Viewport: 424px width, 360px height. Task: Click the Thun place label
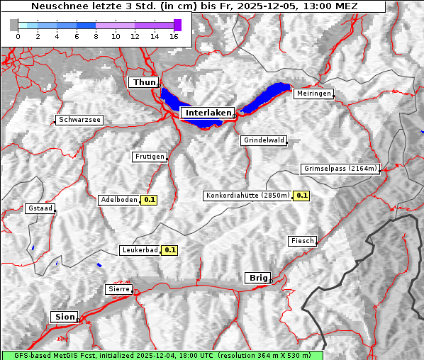(144, 83)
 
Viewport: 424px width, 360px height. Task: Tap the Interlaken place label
(208, 113)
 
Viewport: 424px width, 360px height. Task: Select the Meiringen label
(313, 94)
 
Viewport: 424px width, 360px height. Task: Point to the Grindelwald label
(264, 140)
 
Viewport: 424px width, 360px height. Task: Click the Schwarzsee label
(80, 120)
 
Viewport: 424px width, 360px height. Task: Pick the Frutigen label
(149, 157)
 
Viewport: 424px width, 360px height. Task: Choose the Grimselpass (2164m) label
(340, 169)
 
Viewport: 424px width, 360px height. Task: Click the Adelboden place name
(118, 200)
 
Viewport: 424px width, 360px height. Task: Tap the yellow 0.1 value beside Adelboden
(150, 200)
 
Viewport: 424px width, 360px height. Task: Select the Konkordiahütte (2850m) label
(247, 196)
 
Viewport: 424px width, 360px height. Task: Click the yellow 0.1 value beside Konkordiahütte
(302, 196)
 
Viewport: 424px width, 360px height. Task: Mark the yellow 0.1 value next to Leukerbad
(170, 250)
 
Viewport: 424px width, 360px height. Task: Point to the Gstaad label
(40, 208)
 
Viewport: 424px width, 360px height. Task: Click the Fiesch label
(302, 241)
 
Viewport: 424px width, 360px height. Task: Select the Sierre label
(118, 289)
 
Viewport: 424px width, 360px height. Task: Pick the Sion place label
(64, 317)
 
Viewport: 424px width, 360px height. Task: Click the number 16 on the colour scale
(174, 36)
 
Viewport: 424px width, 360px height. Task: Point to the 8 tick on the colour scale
(95, 36)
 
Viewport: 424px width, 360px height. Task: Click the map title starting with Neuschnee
(194, 6)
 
